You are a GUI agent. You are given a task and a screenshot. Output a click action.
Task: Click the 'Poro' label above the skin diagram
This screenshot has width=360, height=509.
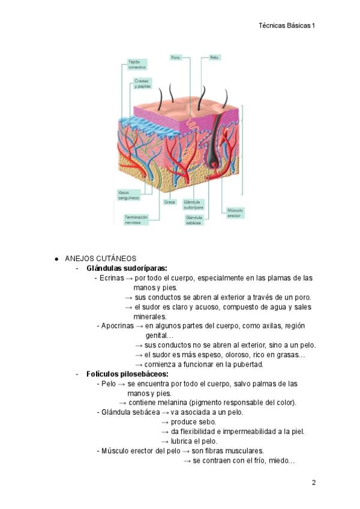[175, 58]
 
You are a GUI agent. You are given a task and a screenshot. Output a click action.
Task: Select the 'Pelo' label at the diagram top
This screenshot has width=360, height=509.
[214, 58]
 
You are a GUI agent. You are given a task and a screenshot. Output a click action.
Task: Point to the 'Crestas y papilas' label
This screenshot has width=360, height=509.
[142, 83]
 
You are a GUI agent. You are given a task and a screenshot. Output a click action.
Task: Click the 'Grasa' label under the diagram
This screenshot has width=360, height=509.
[170, 202]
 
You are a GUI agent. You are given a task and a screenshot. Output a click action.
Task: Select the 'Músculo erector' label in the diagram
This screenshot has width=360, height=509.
[234, 213]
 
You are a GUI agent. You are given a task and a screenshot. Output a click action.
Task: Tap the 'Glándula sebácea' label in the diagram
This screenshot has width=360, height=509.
[194, 220]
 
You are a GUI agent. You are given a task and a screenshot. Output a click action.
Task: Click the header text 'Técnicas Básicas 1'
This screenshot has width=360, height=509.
[287, 25]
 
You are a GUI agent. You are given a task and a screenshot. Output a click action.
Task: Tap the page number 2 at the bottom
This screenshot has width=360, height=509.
[313, 483]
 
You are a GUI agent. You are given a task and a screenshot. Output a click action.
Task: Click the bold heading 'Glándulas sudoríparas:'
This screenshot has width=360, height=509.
[127, 268]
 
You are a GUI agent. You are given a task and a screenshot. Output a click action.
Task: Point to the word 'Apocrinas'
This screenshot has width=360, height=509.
[115, 326]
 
